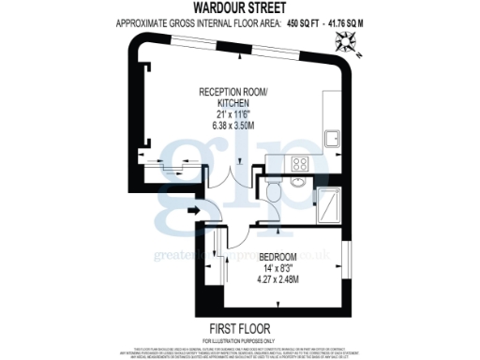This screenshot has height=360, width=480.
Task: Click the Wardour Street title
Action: (x=239, y=10)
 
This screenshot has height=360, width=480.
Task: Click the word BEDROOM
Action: (x=278, y=257)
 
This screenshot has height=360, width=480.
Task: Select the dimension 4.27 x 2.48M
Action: (x=278, y=278)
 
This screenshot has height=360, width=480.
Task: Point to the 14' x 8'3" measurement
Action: (x=278, y=268)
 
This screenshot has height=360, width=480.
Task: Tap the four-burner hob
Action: (x=302, y=164)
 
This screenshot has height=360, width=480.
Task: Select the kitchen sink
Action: (x=332, y=139)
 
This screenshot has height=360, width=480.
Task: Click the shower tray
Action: (x=330, y=203)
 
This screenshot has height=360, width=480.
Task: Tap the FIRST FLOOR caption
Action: (x=240, y=328)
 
